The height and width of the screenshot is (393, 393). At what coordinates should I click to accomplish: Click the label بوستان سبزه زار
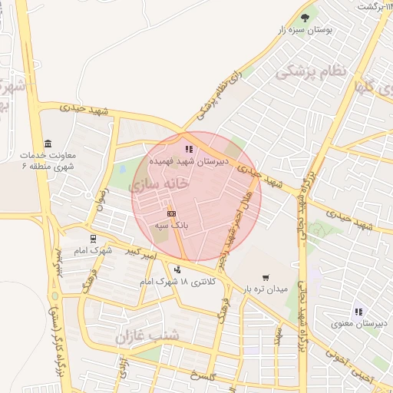click(x=307, y=30)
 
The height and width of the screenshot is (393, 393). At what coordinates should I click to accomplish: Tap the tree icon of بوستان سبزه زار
click(x=306, y=17)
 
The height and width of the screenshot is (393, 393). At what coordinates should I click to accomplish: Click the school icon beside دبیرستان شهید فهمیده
click(x=189, y=149)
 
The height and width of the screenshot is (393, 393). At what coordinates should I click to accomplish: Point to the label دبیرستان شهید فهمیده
click(x=188, y=162)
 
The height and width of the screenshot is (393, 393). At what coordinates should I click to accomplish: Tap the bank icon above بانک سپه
click(x=172, y=213)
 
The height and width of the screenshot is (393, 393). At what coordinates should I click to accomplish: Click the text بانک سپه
click(x=172, y=226)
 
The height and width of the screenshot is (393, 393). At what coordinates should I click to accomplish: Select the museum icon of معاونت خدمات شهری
click(x=48, y=143)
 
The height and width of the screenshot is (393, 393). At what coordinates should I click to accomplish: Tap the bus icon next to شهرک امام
click(x=93, y=238)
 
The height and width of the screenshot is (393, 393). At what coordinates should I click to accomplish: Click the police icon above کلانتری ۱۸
click(x=178, y=269)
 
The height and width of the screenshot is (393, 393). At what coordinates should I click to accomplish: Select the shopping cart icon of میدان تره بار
click(x=266, y=278)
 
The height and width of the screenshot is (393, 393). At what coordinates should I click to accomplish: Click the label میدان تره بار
click(x=266, y=290)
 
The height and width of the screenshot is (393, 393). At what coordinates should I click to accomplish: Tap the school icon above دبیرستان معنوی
click(x=358, y=312)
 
